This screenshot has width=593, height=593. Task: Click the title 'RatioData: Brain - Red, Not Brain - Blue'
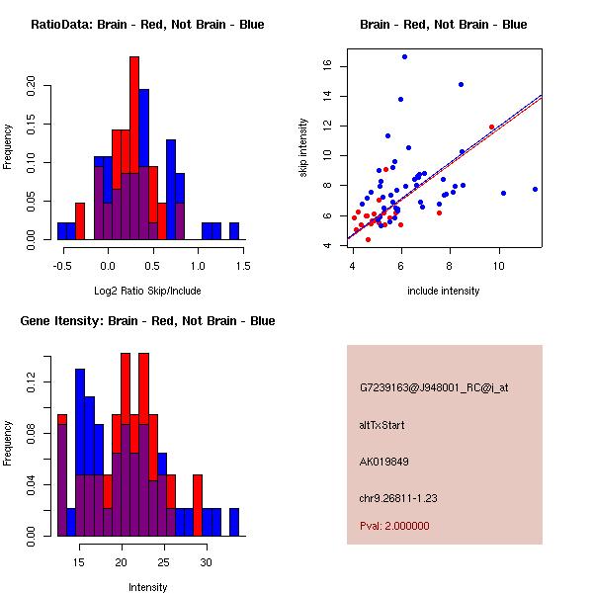pos(147,25)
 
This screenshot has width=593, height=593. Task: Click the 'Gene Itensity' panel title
pos(147,321)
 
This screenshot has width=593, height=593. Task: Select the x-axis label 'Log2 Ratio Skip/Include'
pos(147,292)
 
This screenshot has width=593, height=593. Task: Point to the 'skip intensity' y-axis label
pos(303,148)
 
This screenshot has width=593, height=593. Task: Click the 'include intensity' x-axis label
pos(444,292)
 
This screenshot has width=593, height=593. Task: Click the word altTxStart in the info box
pos(382,425)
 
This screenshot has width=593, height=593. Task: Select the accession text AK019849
pos(384,461)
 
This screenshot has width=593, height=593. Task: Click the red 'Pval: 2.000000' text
pos(394,526)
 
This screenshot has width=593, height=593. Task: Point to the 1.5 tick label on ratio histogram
pos(243,265)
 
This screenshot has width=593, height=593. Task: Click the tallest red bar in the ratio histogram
pos(133,148)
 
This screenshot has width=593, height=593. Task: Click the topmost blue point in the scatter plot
pos(404,56)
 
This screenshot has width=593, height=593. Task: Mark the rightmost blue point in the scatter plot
pos(535,189)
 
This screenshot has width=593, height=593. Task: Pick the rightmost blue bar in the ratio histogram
pos(234,231)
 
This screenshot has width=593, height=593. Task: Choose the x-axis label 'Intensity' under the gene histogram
pos(147,588)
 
